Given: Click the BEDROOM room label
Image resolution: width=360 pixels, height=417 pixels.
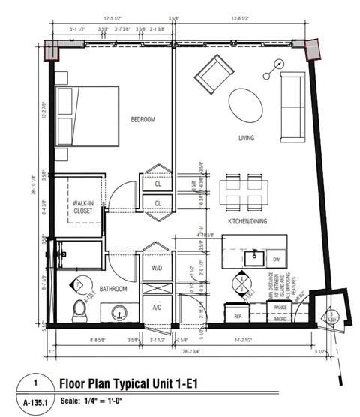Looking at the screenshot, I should click(x=142, y=120).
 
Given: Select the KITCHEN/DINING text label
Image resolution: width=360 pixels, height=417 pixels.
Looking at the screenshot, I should click(x=248, y=223).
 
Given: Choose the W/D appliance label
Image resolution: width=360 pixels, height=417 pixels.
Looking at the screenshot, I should click(x=157, y=267).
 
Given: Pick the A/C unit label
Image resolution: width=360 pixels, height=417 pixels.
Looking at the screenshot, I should click(x=157, y=307).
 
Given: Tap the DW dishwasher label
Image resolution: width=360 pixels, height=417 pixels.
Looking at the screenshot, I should click(x=276, y=259).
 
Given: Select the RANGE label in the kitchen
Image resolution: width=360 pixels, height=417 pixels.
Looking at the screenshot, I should click(x=280, y=307).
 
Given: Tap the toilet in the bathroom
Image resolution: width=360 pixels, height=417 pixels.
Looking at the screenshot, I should click(x=80, y=309).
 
